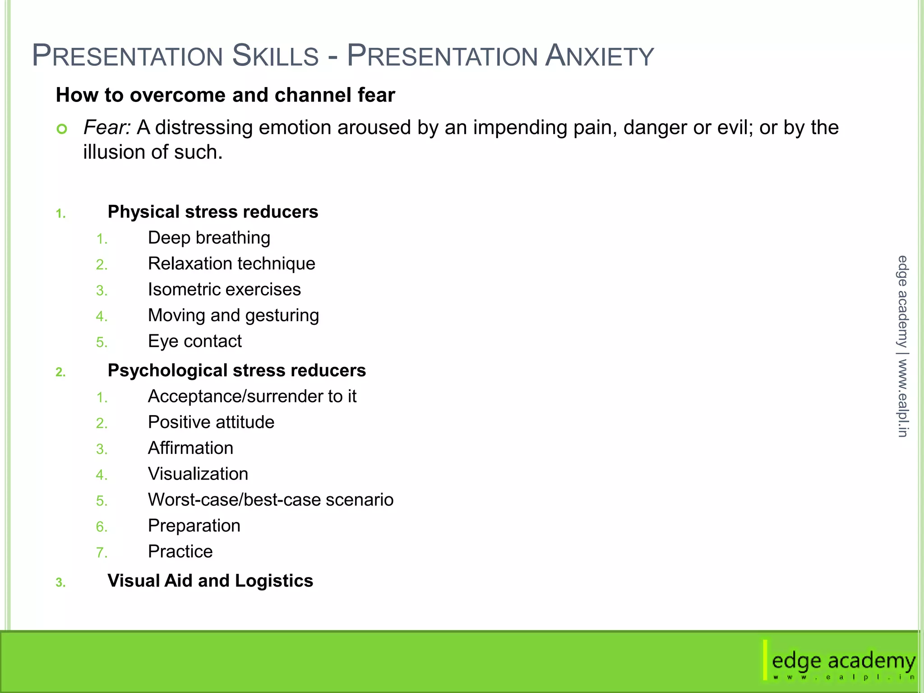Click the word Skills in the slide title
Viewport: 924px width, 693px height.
tap(275, 56)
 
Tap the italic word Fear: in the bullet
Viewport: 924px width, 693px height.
tap(107, 128)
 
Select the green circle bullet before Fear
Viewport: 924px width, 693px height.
tap(62, 129)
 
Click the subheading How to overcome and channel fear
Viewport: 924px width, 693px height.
tap(225, 95)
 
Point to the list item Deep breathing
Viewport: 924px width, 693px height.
tap(209, 238)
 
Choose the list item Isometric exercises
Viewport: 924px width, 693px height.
tap(224, 290)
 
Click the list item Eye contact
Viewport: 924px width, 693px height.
tap(194, 342)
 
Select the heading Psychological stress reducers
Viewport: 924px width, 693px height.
tap(236, 370)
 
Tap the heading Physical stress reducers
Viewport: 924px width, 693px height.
tap(213, 212)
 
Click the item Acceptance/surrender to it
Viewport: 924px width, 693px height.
tap(252, 397)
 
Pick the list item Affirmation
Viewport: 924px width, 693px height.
tap(190, 448)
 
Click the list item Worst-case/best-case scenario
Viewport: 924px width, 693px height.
tap(271, 500)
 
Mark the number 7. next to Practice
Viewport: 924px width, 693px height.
tap(102, 553)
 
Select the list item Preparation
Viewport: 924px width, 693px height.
tap(194, 526)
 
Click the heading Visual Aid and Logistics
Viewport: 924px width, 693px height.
tap(210, 581)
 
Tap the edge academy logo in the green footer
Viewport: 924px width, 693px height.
tap(842, 662)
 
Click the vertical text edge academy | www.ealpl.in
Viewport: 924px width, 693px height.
tap(902, 346)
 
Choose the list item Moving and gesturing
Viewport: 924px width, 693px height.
tap(233, 316)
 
